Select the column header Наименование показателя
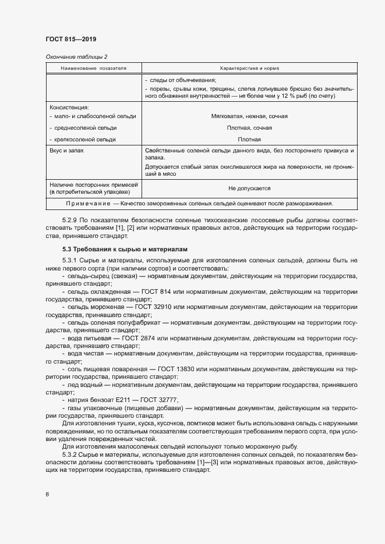point(93,68)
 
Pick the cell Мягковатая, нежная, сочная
point(249,116)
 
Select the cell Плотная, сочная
point(249,127)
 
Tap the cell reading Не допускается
point(249,189)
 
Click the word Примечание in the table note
point(89,204)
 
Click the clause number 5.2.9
point(72,220)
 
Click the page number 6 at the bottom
point(47,495)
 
